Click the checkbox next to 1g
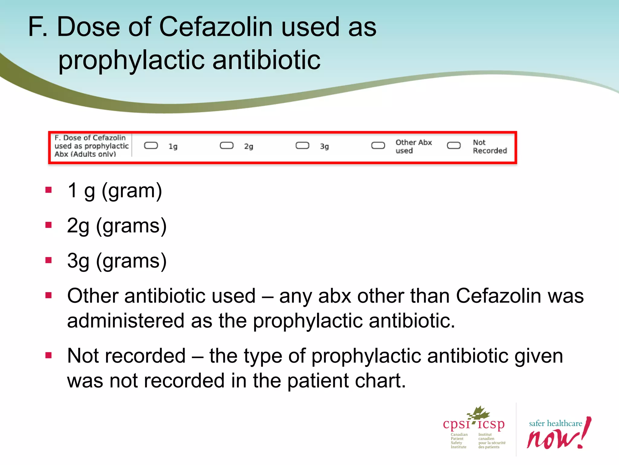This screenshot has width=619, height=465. pos(151,146)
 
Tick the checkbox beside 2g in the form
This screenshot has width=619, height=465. pos(227,146)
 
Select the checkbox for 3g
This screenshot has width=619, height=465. pos(302,146)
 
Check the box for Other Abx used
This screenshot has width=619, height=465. pos(378,146)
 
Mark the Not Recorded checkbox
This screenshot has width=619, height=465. pos(454,146)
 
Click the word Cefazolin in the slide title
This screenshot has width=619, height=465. pos(216,27)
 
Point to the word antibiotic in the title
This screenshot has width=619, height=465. pos(266,60)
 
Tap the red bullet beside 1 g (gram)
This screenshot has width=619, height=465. pos(49,190)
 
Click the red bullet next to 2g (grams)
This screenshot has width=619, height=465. pos(49,225)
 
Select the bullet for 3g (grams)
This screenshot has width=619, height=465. pos(49,260)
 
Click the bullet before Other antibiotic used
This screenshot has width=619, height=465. pos(49,295)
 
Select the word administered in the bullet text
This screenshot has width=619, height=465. pos(125,321)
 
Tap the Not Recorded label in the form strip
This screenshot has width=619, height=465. pos(490,147)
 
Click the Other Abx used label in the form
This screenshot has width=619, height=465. pos(413,147)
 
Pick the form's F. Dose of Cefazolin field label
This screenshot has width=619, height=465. pos(91,146)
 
